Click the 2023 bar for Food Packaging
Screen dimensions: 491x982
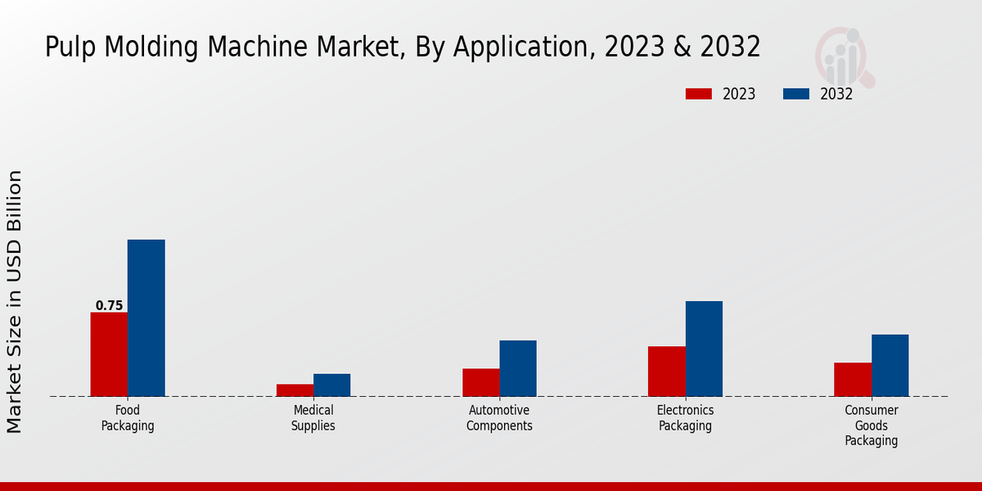pyautogui.click(x=109, y=354)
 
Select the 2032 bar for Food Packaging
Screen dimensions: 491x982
pyautogui.click(x=146, y=318)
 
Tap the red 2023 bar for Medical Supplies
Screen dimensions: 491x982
pyautogui.click(x=295, y=390)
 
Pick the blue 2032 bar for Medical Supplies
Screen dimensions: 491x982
pyautogui.click(x=331, y=385)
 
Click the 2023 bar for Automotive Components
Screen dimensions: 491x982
pyautogui.click(x=480, y=382)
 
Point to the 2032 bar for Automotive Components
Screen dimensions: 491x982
pyautogui.click(x=518, y=368)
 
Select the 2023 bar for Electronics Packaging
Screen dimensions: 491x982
pyautogui.click(x=666, y=372)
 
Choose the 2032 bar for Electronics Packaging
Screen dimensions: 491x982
pyautogui.click(x=704, y=349)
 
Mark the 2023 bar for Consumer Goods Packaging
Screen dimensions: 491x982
pyautogui.click(x=853, y=379)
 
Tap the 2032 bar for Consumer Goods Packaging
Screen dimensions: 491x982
pyautogui.click(x=890, y=365)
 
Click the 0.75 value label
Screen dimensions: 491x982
pyautogui.click(x=109, y=306)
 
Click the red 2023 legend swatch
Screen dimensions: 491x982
pyautogui.click(x=698, y=94)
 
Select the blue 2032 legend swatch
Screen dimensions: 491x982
pyautogui.click(x=796, y=94)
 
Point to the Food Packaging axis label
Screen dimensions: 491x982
pyautogui.click(x=128, y=418)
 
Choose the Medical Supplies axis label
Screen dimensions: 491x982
pyautogui.click(x=313, y=418)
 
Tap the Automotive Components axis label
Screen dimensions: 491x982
pyautogui.click(x=499, y=418)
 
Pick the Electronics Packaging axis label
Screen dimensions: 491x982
pyautogui.click(x=685, y=418)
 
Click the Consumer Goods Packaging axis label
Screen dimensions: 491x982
pyautogui.click(x=872, y=426)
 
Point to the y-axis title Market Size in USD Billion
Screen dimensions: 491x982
pyautogui.click(x=15, y=301)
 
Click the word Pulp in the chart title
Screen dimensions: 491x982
pyautogui.click(x=70, y=47)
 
